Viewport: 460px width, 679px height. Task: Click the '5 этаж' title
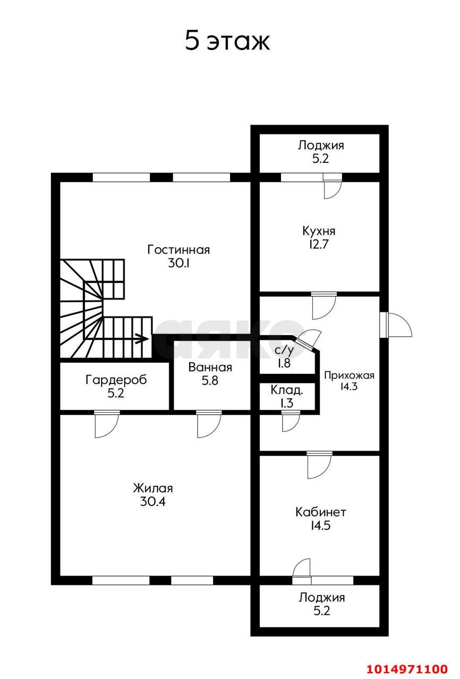coord(227,41)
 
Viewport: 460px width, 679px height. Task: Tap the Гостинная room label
coord(178,249)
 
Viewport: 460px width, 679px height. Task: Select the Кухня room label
coord(319,231)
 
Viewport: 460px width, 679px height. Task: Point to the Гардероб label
coord(116,380)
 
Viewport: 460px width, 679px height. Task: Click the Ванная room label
coord(210,367)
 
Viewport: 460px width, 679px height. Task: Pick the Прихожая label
coord(349,376)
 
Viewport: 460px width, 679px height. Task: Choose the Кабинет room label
coord(320,512)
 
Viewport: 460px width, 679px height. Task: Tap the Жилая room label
coord(153,488)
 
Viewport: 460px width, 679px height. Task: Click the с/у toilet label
coord(284,350)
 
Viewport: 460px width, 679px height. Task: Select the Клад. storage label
coord(287,390)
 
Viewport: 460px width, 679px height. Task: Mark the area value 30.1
coord(178,263)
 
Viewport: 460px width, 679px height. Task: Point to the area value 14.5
coord(320,526)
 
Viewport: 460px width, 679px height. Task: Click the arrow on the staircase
coord(140,338)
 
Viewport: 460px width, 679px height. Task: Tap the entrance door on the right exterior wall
coord(397,324)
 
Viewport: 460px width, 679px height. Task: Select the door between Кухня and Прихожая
coord(323,306)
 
